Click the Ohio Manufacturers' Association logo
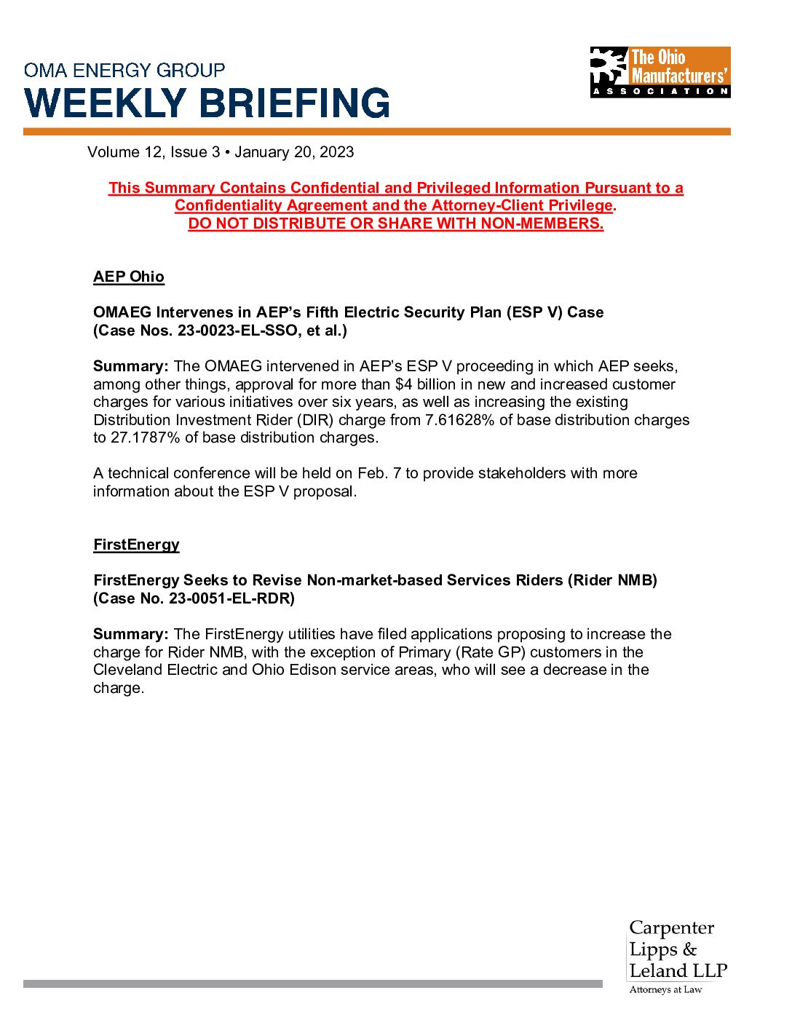[660, 72]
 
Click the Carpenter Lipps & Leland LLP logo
[678, 956]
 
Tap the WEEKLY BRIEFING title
[207, 103]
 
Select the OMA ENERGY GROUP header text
[124, 71]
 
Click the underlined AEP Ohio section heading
[129, 277]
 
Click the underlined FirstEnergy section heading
[136, 545]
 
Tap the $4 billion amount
[421, 384]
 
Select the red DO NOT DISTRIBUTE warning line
[396, 223]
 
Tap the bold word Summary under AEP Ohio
[130, 366]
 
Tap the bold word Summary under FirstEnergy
[130, 634]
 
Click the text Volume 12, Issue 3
[153, 152]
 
